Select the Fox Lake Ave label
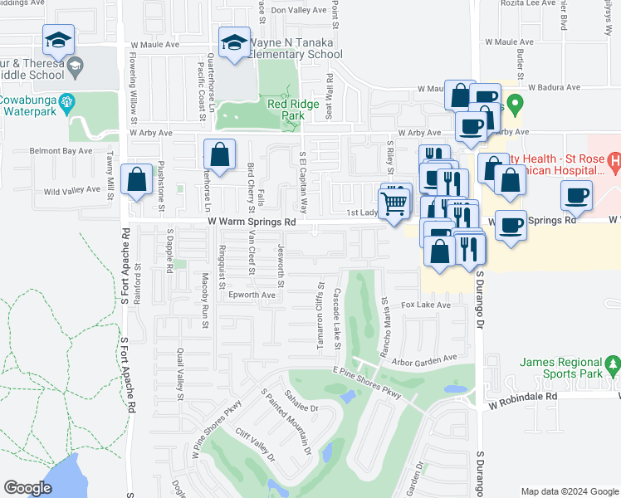click(426, 305)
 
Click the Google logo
click(28, 488)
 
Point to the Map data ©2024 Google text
click(570, 491)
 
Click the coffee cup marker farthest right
click(576, 196)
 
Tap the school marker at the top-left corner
click(59, 40)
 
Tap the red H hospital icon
click(614, 159)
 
